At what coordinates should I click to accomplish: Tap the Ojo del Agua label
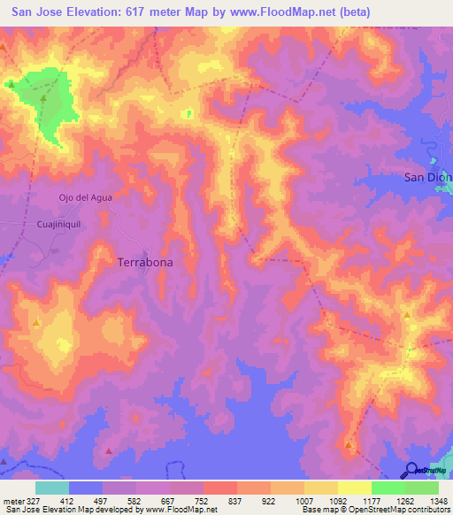coord(85,197)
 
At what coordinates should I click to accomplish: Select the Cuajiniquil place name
coord(58,225)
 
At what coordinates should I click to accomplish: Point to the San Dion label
coord(427,177)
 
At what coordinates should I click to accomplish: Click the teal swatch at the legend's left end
coord(51,488)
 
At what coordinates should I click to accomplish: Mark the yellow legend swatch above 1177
coord(355,488)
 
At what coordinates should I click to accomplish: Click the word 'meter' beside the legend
coord(12,500)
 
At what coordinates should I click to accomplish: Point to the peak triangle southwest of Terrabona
coord(36,324)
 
